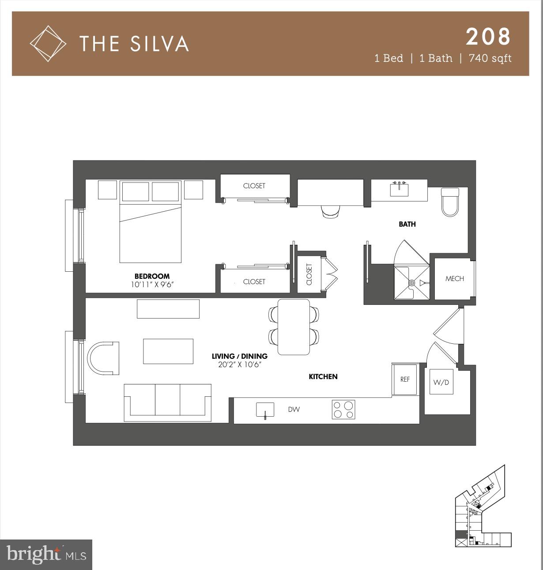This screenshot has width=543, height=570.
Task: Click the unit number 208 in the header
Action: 488,37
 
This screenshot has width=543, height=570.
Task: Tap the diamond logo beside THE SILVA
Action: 48,43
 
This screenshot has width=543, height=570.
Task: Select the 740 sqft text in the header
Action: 490,58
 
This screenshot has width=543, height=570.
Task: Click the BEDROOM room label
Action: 152,276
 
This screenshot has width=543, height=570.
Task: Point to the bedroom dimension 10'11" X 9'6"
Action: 152,285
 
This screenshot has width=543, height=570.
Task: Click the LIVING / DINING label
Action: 239,356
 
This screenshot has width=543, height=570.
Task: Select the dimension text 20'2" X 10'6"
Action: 239,365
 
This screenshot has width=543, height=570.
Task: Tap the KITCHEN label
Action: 323,376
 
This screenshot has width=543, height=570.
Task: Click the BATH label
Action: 407,224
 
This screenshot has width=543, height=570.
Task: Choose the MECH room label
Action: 454,278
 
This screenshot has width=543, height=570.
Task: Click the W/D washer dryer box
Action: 441,382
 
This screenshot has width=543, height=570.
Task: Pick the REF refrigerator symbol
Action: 405,379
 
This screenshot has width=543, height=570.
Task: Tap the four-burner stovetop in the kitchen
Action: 343,410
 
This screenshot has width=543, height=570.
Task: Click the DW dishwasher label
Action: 294,410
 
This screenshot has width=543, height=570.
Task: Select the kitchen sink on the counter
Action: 265,410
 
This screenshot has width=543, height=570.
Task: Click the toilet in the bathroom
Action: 450,202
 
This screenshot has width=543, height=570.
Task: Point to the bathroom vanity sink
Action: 399,190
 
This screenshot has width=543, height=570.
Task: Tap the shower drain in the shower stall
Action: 411,282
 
